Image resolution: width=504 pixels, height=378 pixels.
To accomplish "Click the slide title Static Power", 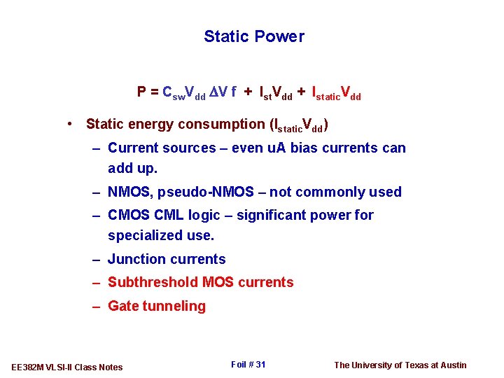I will tap(254, 36).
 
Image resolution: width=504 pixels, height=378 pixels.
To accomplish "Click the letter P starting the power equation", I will tap(141, 92).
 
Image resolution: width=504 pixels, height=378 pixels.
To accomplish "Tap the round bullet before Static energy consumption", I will tap(71, 125).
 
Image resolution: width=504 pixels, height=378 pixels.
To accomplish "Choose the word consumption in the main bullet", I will tap(223, 125).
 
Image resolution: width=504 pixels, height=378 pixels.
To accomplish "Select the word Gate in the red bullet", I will tap(123, 307).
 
